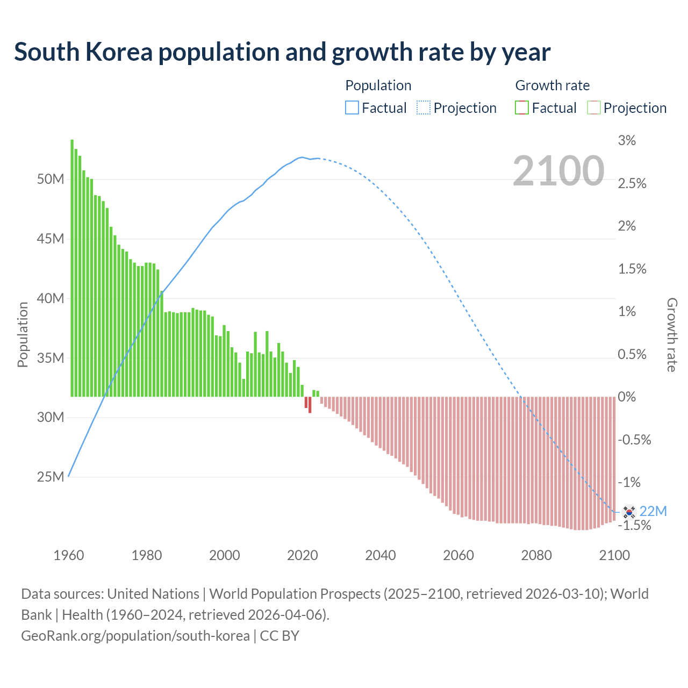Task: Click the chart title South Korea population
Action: [282, 52]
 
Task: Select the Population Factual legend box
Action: [352, 108]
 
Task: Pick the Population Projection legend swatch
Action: [424, 108]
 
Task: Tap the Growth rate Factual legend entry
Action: [522, 108]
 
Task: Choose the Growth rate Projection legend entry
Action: [593, 108]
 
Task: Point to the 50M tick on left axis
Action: [51, 179]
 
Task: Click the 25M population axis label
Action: [51, 477]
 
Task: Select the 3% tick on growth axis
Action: [627, 141]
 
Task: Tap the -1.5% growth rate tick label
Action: [634, 525]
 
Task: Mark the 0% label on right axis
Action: [627, 397]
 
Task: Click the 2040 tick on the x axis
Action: [381, 555]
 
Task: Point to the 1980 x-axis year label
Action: [147, 555]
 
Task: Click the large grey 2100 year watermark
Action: [558, 171]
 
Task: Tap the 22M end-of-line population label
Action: [653, 511]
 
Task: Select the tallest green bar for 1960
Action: [72, 269]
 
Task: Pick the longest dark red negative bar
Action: [310, 405]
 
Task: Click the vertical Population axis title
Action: [23, 334]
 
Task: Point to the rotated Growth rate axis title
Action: [672, 334]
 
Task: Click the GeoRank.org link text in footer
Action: [135, 636]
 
